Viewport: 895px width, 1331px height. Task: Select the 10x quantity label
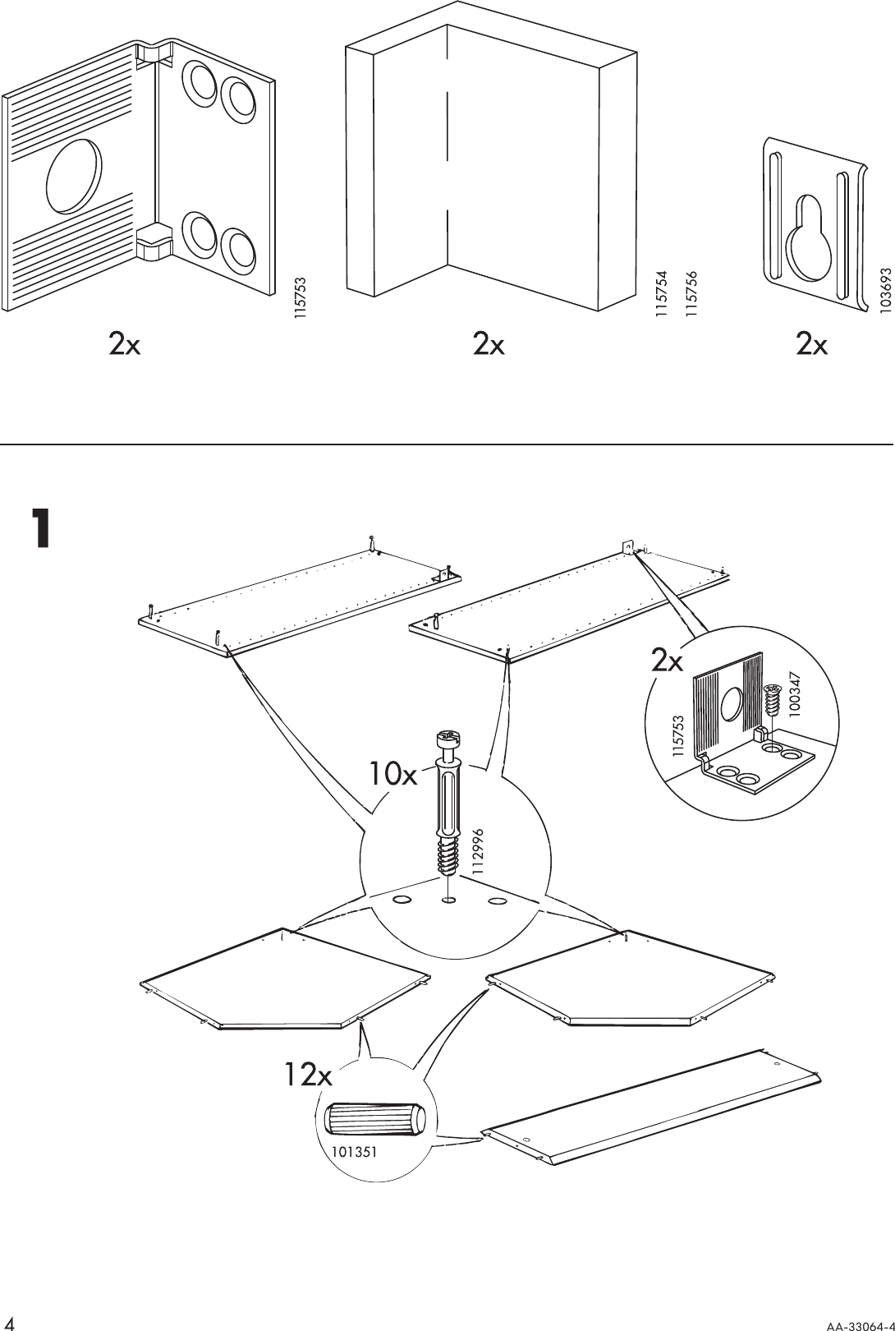pos(393,773)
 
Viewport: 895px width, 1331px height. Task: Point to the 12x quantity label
pos(307,1074)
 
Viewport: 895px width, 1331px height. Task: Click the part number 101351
pos(354,1152)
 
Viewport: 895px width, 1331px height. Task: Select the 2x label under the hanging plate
pos(811,346)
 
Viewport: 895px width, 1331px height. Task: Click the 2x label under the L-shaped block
pos(489,346)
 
